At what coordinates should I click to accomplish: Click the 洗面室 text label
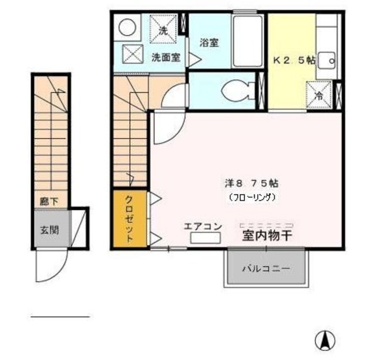(x=166, y=58)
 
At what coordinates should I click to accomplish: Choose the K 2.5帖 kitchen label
(x=293, y=59)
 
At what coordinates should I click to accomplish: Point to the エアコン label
(x=202, y=225)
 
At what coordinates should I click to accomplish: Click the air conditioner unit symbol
(x=205, y=238)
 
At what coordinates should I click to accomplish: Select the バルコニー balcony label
(x=266, y=268)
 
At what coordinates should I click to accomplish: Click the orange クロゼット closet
(x=129, y=219)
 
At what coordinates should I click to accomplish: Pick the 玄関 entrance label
(x=49, y=229)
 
